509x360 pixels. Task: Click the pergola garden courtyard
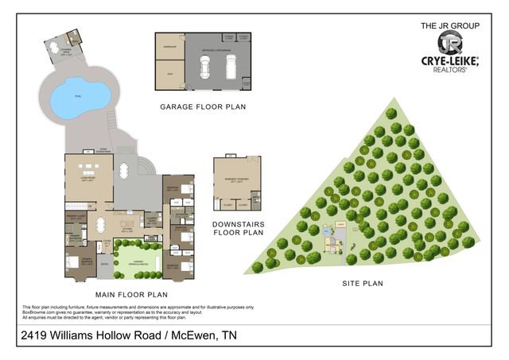pyautogui.click(x=138, y=261)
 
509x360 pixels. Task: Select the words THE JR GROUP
pyautogui.click(x=450, y=26)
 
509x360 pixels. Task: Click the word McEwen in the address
pyautogui.click(x=188, y=337)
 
